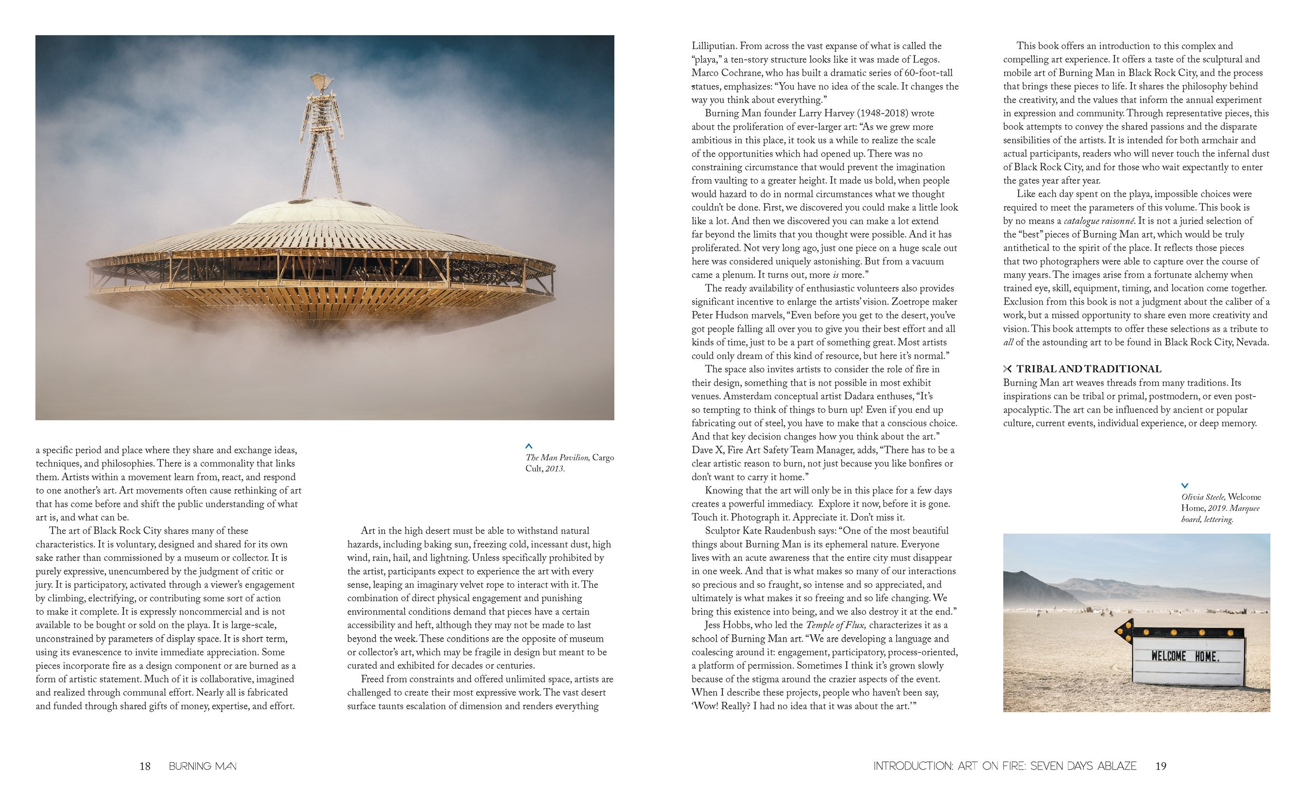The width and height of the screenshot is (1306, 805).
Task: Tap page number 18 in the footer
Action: point(145,766)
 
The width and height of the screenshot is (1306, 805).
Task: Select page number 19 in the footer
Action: point(1161,766)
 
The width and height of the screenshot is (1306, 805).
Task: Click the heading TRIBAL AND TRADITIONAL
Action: point(1088,369)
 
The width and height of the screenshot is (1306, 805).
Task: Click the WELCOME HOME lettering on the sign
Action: point(1184,656)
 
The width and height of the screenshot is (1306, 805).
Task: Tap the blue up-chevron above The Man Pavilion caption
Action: point(528,446)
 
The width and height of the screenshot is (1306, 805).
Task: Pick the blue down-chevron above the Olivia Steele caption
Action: point(1184,486)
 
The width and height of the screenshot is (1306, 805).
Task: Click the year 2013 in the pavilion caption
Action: point(554,469)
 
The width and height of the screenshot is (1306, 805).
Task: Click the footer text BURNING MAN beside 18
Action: point(202,766)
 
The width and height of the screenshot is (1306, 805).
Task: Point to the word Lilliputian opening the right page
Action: point(714,46)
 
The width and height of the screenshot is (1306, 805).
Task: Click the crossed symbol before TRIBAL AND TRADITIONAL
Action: point(1007,369)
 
